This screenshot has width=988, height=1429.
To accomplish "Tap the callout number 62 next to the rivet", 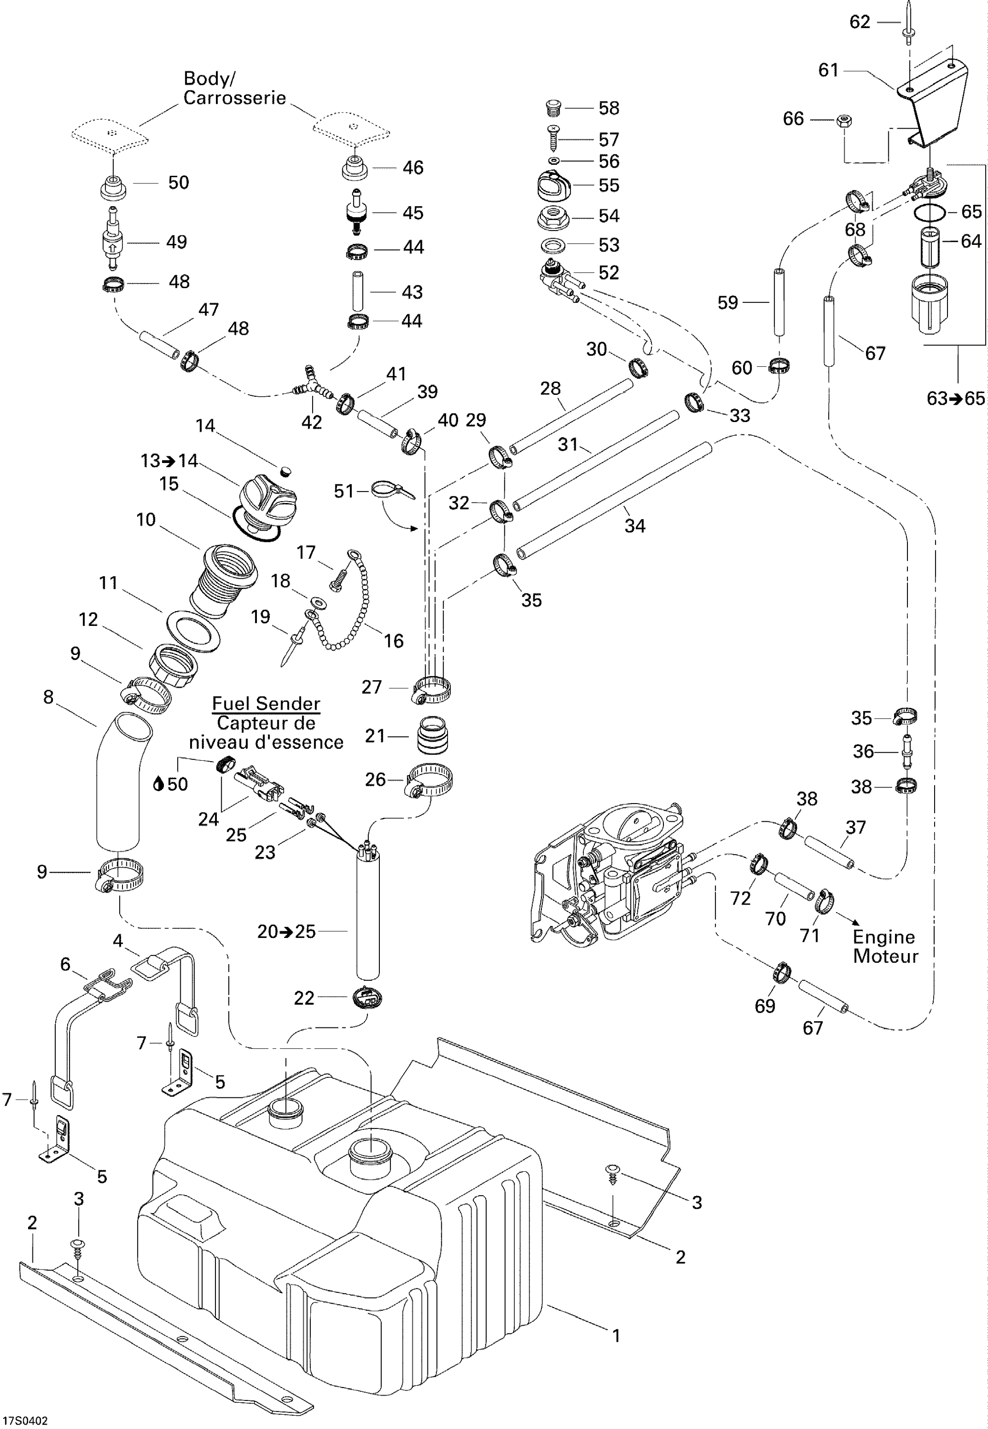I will coord(859,22).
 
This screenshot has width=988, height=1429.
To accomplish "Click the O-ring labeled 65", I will coord(930,212).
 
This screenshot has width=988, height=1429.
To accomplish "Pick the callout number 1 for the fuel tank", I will coord(616,1336).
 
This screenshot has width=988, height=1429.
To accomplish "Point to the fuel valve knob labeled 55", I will coord(555,186).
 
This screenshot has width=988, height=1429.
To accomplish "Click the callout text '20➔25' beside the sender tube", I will coord(286,931).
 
